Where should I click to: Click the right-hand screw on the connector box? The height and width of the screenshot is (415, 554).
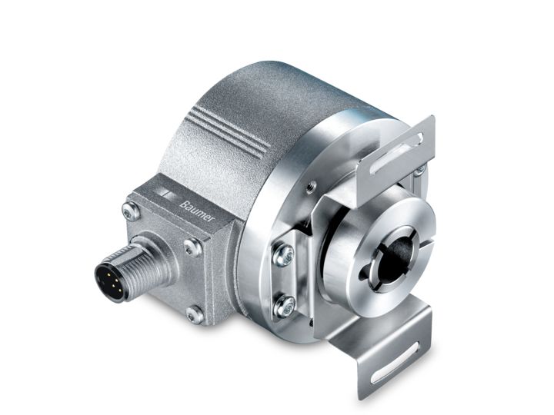193,247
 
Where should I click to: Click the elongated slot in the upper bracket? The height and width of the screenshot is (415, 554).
407,144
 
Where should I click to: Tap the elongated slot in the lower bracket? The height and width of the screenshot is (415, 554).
401,360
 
